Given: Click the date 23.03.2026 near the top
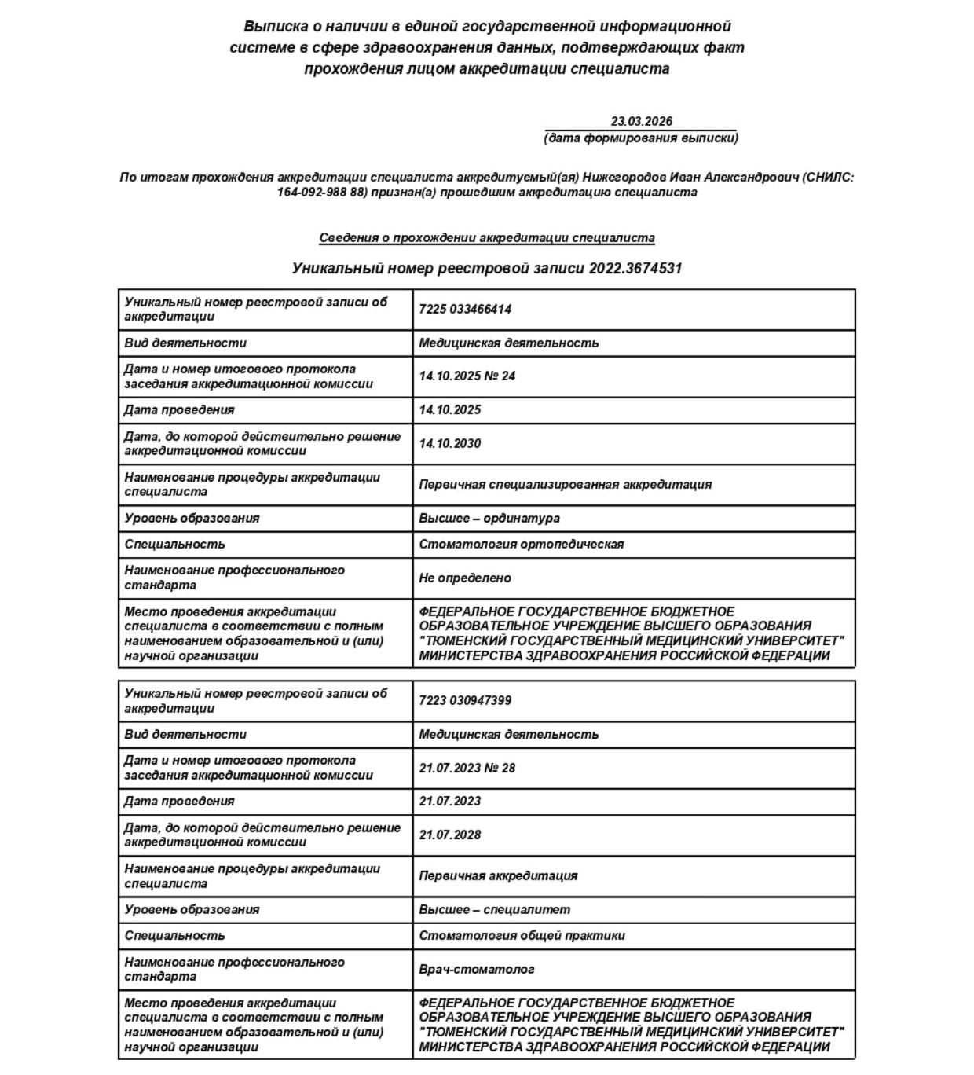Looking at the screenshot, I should tap(641, 121).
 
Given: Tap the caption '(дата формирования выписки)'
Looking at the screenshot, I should tap(641, 138).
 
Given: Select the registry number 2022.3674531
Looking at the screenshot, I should tap(635, 268).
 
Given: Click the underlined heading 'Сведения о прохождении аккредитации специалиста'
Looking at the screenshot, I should tap(487, 237).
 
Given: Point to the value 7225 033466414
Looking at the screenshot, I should tap(465, 310).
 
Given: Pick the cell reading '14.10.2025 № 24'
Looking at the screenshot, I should tap(467, 376).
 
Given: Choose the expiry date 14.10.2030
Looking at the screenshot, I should tap(450, 444).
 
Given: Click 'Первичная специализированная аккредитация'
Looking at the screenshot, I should tap(566, 485).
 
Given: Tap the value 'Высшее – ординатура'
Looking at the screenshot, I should tap(489, 519).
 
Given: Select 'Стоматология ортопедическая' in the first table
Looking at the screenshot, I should tap(522, 545).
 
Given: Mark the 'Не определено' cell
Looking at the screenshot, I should tap(465, 578).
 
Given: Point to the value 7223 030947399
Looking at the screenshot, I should tap(465, 701).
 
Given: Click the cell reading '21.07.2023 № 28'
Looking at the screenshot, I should tap(467, 768).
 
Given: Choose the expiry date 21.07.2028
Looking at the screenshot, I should tap(450, 835).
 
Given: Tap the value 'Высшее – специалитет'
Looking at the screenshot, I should tap(495, 910).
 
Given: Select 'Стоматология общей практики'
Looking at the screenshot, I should tap(522, 936).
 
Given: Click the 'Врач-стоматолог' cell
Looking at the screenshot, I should tap(477, 970).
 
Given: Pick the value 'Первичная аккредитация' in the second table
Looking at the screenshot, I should tap(498, 876).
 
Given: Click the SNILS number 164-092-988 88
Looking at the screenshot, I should tap(322, 193).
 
